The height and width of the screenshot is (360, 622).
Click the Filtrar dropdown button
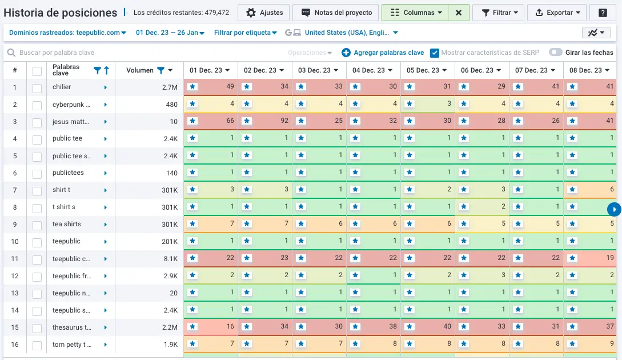point(499,13)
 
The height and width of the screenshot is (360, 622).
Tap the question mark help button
point(603,13)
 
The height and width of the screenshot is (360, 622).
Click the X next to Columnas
point(459,13)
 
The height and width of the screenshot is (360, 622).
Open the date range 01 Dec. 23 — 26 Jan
point(170,33)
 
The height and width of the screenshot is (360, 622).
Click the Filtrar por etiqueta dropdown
point(245,33)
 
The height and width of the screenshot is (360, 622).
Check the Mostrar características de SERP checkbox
point(435,53)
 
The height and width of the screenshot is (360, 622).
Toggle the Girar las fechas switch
point(555,53)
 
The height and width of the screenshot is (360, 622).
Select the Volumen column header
point(141,70)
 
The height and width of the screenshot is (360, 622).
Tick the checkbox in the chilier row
point(37,87)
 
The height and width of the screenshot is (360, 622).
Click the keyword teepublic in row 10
point(67,241)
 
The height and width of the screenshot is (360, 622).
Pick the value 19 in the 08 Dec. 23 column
point(610,258)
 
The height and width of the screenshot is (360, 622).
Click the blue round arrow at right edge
point(614,210)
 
